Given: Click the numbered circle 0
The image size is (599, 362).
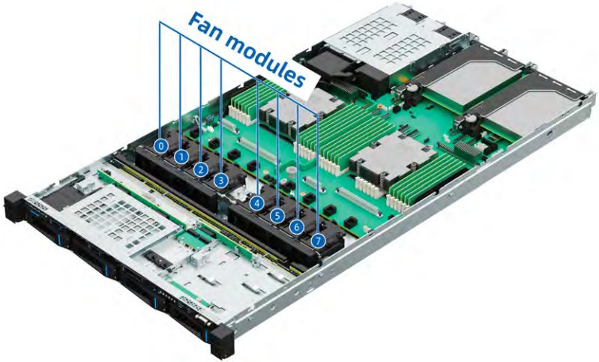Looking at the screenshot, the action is tap(161, 146).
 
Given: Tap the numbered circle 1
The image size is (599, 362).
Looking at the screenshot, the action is tap(181, 156).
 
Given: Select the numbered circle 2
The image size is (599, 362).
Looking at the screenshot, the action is tap(201, 169).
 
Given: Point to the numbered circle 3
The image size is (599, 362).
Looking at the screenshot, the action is tap(221, 180).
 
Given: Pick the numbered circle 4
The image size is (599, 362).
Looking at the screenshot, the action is tap(257, 203).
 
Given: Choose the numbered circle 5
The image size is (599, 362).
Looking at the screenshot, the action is tap(277, 216).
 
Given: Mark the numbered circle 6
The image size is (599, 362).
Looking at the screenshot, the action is tap(296, 227).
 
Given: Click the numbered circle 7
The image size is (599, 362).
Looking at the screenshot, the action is tap(318, 240).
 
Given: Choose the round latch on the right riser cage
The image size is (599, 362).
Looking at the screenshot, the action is tap(469, 120).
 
